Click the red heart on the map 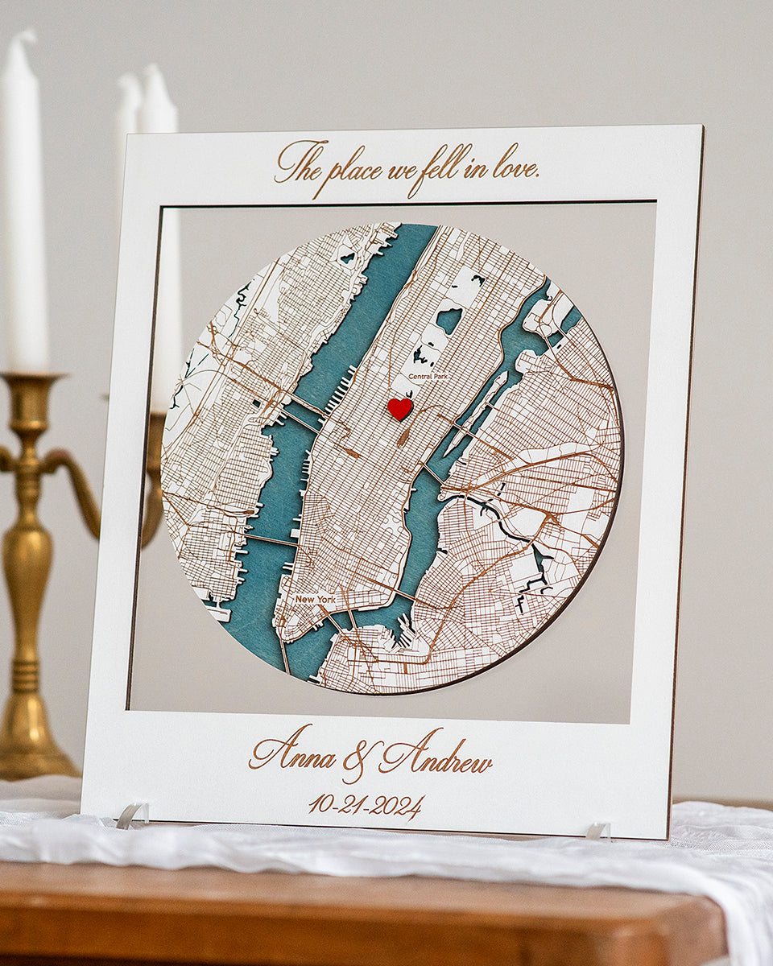pos(399,408)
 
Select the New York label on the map pos(314,599)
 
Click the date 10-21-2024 pos(366,805)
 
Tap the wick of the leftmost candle pos(27,35)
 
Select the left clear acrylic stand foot pos(132,815)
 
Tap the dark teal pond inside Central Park pos(449,320)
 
